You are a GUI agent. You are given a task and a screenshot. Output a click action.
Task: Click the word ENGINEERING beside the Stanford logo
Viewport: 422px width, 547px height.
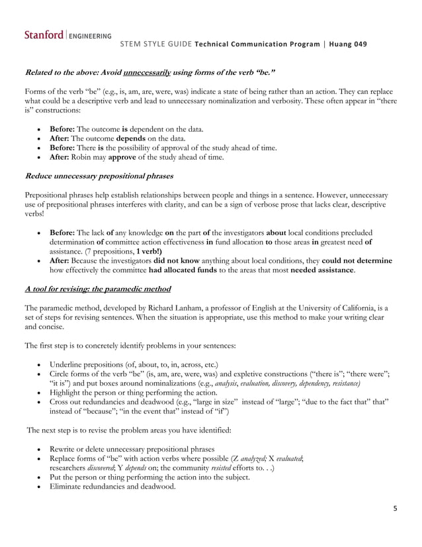pyautogui.click(x=90, y=36)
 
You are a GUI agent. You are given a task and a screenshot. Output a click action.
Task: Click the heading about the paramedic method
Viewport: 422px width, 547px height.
pyautogui.click(x=97, y=289)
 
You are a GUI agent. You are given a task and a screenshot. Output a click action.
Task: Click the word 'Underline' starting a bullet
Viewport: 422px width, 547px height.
pyautogui.click(x=67, y=364)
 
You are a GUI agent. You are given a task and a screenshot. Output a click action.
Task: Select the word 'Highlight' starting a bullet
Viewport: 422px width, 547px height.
pyautogui.click(x=67, y=392)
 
